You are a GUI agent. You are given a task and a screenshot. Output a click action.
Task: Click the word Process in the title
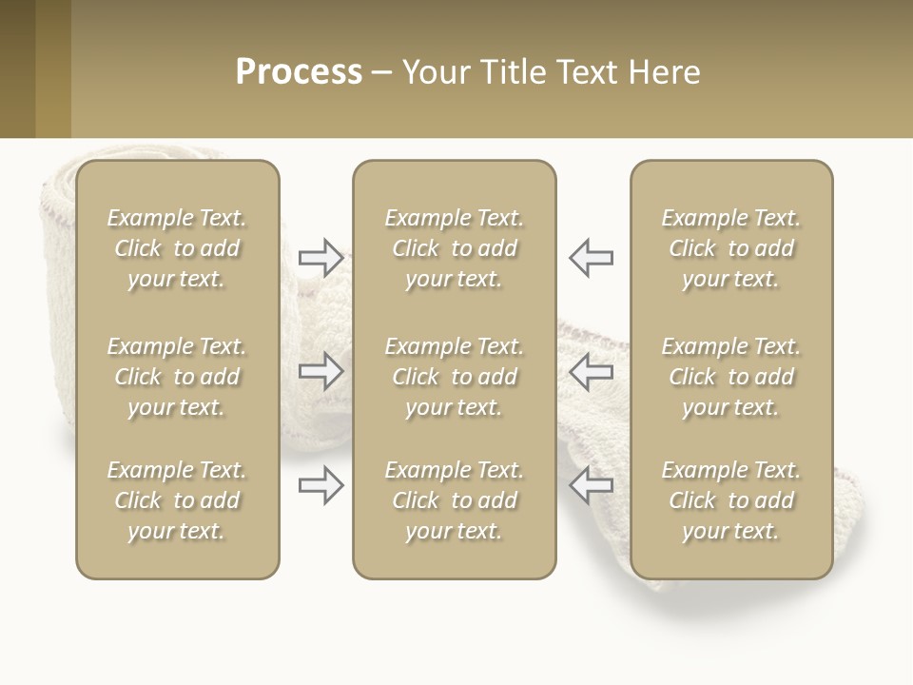[x=299, y=72]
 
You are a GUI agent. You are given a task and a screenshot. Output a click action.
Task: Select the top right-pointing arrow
[x=321, y=258]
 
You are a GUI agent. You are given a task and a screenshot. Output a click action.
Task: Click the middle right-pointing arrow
[x=321, y=371]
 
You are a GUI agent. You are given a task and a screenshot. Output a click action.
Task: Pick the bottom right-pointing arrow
[x=321, y=485]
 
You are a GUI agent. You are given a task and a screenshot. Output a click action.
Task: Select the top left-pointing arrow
[x=592, y=258]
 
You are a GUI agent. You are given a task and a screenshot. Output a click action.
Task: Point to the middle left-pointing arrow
[x=592, y=371]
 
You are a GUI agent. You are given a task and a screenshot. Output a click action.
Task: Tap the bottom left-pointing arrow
[x=592, y=485]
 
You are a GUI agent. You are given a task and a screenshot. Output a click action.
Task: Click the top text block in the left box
[x=177, y=248]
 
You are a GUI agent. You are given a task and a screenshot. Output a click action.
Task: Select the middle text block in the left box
[x=177, y=377]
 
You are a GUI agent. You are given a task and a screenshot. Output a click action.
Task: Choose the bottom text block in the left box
[x=177, y=500]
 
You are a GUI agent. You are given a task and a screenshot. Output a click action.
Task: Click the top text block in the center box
[x=454, y=248]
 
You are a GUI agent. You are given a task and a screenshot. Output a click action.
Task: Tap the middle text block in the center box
[x=454, y=377]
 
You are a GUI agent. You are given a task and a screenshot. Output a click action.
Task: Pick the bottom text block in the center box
[x=454, y=500]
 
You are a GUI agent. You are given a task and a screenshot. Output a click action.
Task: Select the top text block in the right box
[x=730, y=248]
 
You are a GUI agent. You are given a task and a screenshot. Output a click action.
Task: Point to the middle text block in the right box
[x=730, y=377]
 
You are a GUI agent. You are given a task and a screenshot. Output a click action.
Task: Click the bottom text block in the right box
[x=730, y=500]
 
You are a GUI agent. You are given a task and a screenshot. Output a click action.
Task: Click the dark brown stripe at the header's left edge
[x=17, y=68]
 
